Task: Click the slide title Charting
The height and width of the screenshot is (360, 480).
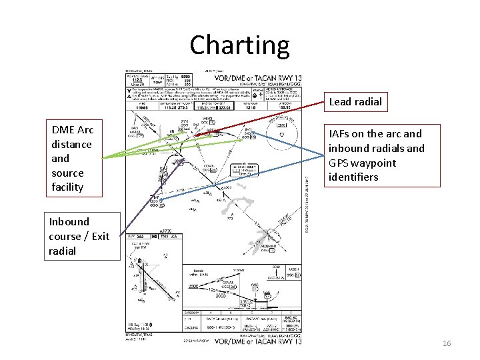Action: (239, 45)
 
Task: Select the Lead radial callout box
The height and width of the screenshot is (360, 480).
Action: (355, 102)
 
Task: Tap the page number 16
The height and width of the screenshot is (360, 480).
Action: (447, 343)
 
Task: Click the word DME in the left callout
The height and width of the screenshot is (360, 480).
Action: (63, 130)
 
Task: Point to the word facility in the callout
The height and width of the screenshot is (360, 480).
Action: (67, 187)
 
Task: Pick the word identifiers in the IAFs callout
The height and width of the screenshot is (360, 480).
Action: (353, 177)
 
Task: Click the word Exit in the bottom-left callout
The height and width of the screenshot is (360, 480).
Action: (101, 236)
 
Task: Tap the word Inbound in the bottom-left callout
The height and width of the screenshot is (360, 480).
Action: (69, 221)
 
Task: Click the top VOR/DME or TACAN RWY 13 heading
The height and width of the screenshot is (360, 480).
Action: (257, 77)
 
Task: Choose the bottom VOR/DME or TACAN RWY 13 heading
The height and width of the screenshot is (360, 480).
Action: (257, 341)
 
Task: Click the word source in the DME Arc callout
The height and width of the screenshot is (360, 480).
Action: (67, 173)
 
